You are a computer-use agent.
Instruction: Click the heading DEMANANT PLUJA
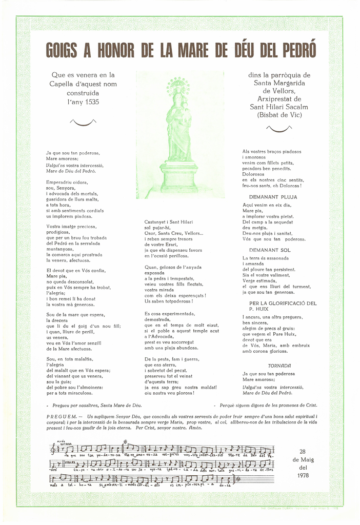(273, 197)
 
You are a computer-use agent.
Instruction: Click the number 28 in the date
(303, 451)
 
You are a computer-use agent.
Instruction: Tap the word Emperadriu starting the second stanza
(60, 183)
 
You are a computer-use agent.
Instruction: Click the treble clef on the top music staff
(54, 450)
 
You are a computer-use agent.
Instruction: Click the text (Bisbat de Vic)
(279, 115)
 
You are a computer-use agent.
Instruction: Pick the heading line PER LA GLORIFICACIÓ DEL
(279, 303)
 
